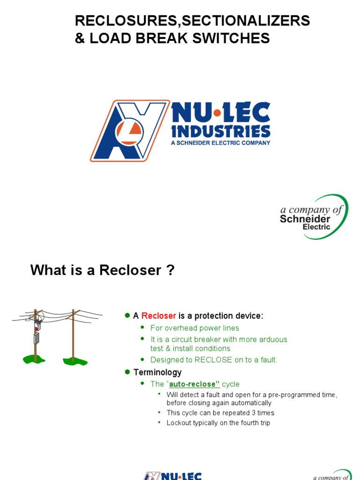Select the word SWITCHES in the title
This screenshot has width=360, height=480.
238,38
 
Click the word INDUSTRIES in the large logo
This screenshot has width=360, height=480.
221,131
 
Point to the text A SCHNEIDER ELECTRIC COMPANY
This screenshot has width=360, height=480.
221,142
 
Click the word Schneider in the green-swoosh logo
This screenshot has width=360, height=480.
305,219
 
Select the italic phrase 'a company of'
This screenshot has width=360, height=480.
311,210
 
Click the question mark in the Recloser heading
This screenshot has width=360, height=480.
171,270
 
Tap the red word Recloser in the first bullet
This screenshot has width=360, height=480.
159,316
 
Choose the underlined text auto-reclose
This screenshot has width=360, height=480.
194,384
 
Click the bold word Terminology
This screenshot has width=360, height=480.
157,373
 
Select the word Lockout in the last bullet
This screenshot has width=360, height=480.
179,423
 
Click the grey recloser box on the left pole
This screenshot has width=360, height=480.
36,338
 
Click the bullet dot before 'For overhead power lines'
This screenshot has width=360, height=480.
143,328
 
